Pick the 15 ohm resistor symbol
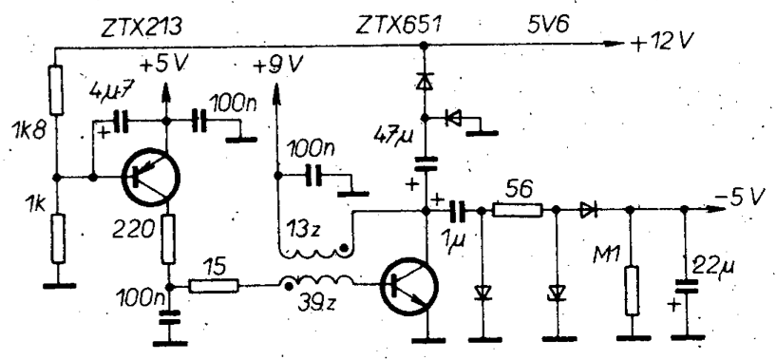(x=208, y=283)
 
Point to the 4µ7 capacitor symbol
(x=122, y=121)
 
